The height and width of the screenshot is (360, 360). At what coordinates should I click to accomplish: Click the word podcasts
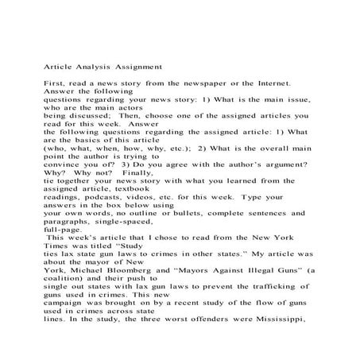[x=104, y=217]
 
